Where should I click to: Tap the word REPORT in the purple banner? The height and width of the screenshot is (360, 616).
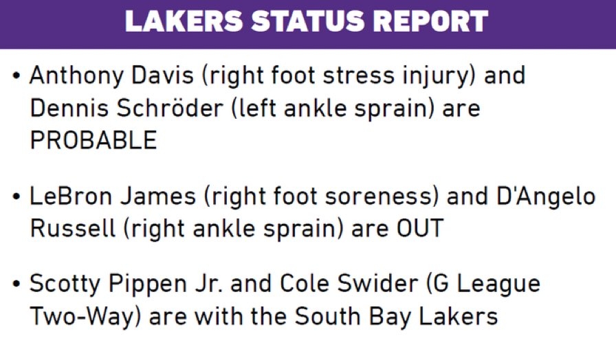[430, 21]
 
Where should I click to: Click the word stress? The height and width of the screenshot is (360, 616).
[358, 75]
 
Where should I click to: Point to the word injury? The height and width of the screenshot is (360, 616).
[439, 76]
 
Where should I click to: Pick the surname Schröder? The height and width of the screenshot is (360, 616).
[170, 108]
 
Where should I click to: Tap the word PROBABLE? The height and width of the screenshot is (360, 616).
[93, 140]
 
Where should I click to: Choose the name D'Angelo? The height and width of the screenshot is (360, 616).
[546, 197]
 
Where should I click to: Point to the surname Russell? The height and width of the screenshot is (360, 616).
[73, 228]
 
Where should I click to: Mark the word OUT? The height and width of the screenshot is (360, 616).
[420, 228]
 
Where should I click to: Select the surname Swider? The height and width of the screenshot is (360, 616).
[378, 284]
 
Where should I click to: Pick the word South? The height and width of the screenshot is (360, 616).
[328, 316]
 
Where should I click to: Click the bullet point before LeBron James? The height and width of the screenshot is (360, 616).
[16, 196]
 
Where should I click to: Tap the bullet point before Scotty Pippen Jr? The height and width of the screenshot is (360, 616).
[16, 284]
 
